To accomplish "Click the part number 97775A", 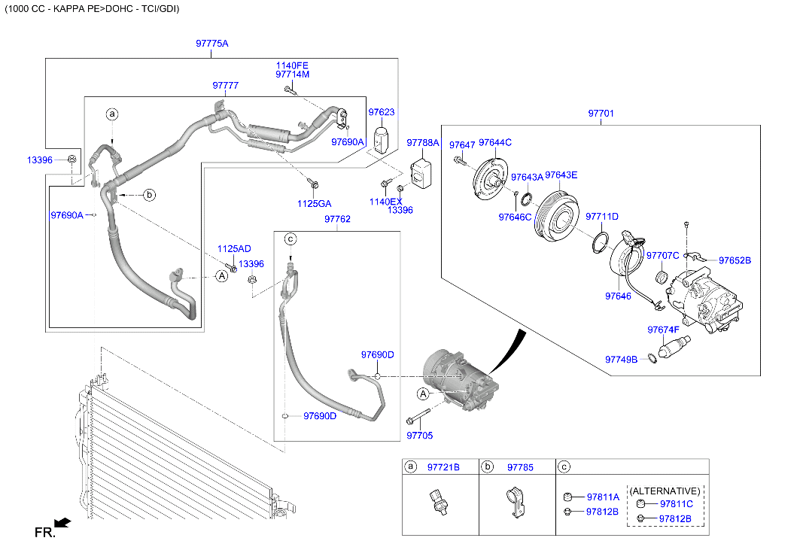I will (211, 44).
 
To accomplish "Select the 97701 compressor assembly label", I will (601, 114).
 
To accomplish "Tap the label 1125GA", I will (314, 203).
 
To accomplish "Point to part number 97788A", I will (422, 142).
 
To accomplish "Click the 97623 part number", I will (381, 112).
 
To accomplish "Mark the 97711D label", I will (601, 216).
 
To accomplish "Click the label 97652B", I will (735, 260).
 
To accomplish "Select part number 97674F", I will (663, 330).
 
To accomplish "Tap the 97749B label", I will (621, 360).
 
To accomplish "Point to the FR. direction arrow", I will (62, 521).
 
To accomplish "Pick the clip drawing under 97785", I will (514, 502).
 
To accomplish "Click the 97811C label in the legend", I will (676, 504).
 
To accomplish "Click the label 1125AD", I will (234, 249).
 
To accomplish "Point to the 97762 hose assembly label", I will (337, 219).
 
